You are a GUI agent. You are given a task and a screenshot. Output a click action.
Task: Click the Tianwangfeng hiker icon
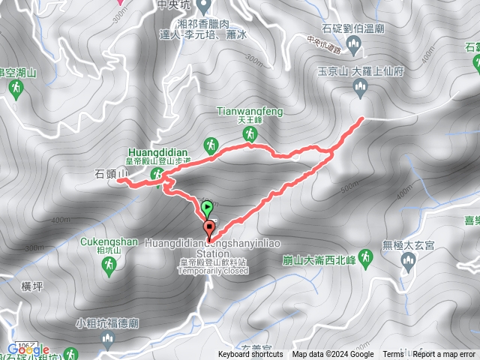(x=249, y=133)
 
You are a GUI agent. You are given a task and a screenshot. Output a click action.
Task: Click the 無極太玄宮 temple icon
(x=408, y=260)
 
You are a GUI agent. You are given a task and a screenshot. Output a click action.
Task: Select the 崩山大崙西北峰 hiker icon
(x=365, y=257)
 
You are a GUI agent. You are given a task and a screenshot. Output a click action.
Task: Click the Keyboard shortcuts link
(x=251, y=355)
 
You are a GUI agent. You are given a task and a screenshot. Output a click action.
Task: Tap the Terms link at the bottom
(x=392, y=355)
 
